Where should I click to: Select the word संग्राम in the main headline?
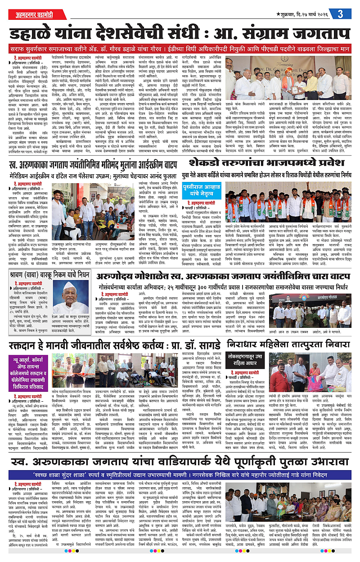[277, 32]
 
